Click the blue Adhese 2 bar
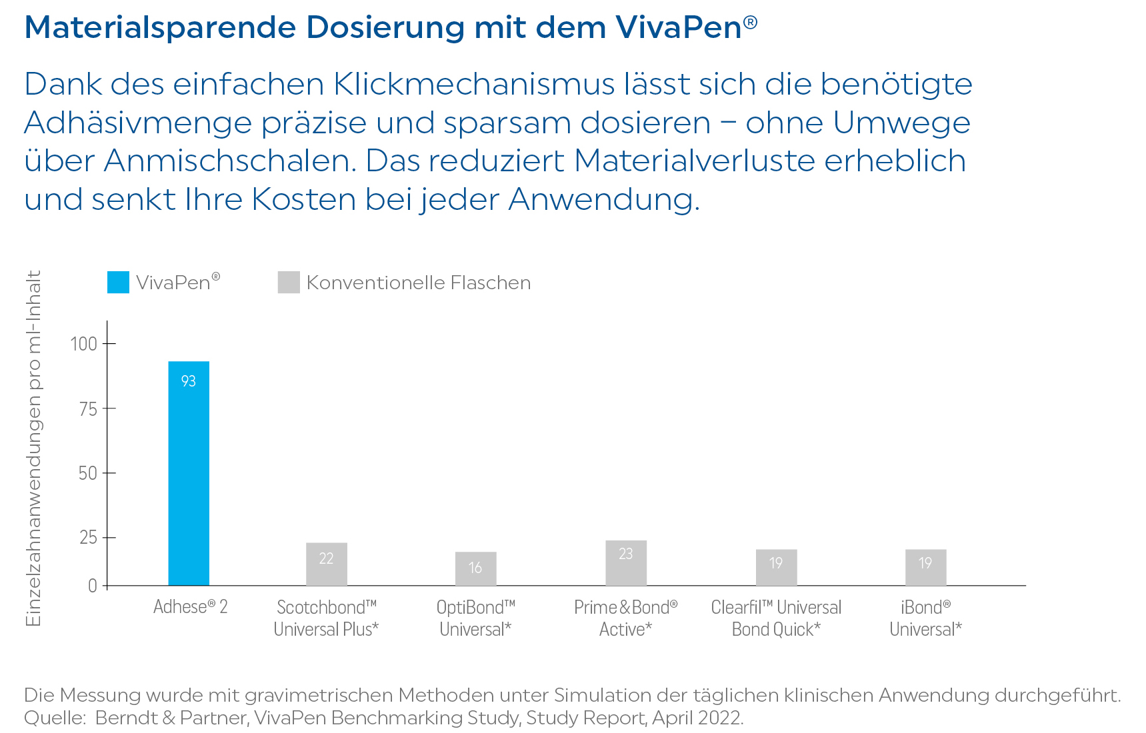(189, 480)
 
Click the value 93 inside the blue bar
(189, 381)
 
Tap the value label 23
(625, 554)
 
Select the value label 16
(475, 568)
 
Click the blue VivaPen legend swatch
(118, 283)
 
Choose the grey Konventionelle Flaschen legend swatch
(289, 283)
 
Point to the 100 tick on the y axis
(84, 344)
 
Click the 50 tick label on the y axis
(88, 473)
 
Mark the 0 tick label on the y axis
(93, 586)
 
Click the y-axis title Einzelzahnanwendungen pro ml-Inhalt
(33, 448)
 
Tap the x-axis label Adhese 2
(190, 607)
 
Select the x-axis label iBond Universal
(925, 618)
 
